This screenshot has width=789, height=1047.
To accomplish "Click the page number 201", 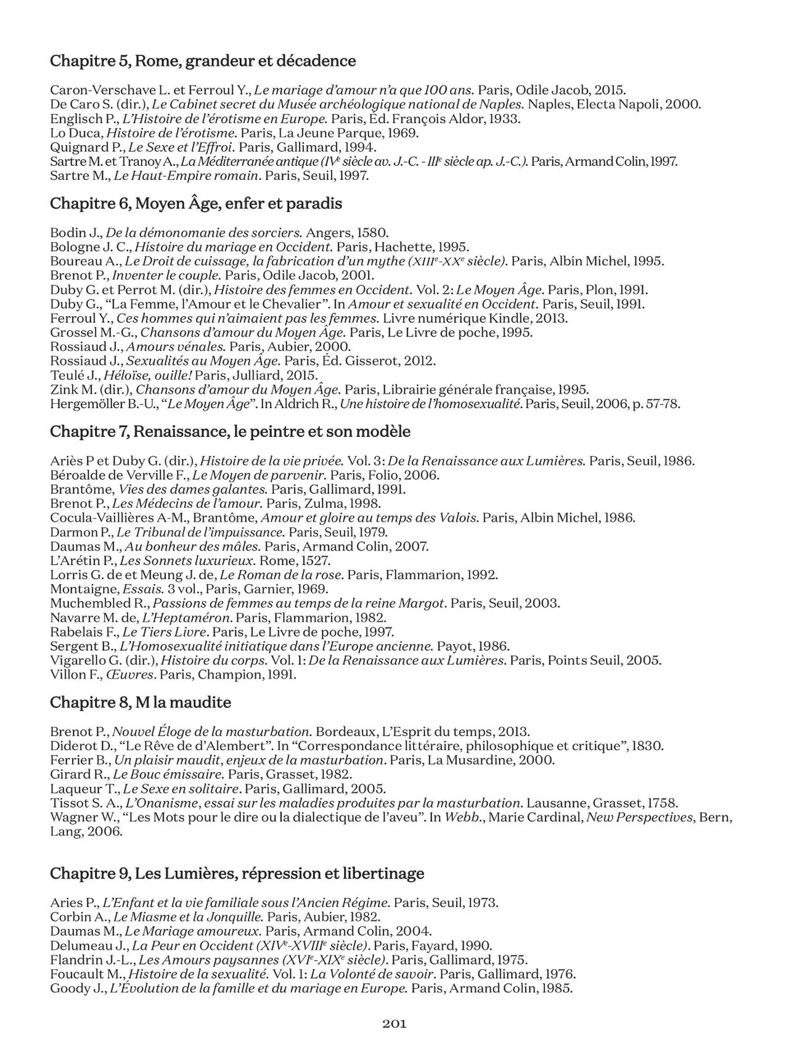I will [394, 1024].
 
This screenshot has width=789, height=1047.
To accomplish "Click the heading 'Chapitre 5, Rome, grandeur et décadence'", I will [203, 61].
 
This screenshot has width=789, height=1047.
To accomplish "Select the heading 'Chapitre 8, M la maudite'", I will [141, 703].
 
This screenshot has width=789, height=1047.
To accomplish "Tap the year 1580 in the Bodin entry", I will [373, 233].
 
